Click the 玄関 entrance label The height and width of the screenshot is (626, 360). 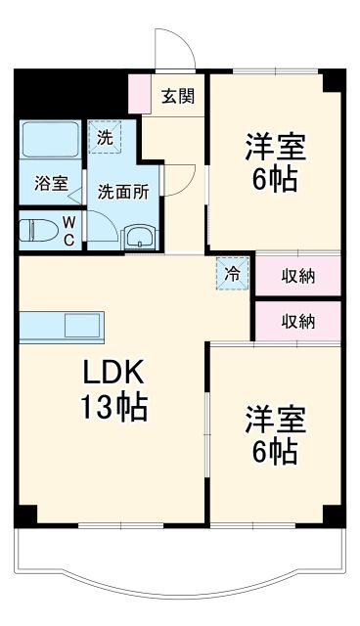click(x=177, y=96)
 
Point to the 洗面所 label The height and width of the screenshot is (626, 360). click(x=123, y=192)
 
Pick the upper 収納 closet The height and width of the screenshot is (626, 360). click(x=298, y=275)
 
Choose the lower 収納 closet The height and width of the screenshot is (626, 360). click(x=298, y=320)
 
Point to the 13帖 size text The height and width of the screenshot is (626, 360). click(x=112, y=407)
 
